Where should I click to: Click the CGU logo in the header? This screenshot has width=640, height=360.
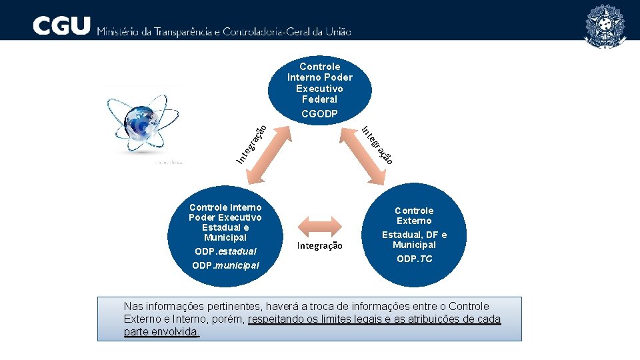point(61,26)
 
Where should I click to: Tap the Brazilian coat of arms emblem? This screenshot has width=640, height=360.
point(605,26)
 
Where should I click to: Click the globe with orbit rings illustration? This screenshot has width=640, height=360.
point(143,127)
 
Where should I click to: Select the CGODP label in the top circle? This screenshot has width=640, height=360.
point(319,114)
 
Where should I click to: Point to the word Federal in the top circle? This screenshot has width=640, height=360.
point(319,99)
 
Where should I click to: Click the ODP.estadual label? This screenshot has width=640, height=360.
point(225,251)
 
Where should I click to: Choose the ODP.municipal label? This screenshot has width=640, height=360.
point(225,266)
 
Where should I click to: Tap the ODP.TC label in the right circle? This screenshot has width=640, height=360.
point(414,259)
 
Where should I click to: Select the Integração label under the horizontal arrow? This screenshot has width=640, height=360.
point(320,246)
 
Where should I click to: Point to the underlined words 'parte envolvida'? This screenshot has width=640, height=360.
point(161,332)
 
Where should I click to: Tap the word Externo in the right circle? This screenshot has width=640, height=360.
point(414,221)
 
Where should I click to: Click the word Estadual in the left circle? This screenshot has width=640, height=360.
point(225,227)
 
